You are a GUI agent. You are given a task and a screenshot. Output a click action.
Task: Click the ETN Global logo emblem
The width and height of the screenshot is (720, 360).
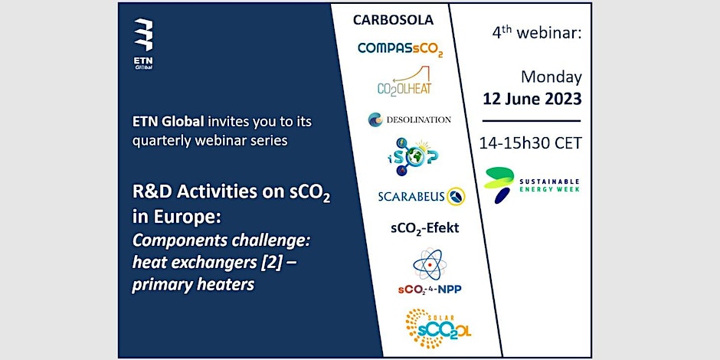click(143, 35)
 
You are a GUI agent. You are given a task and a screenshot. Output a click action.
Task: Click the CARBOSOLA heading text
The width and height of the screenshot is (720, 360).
click(393, 20)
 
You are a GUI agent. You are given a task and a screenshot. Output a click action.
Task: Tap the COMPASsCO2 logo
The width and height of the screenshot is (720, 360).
click(400, 49)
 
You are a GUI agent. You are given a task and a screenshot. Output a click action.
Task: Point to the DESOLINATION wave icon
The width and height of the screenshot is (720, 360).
click(375, 119)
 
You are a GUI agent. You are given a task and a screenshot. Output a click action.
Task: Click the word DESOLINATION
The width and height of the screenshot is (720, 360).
click(418, 119)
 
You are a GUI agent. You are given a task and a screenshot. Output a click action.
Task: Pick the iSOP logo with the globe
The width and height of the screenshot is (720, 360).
click(412, 156)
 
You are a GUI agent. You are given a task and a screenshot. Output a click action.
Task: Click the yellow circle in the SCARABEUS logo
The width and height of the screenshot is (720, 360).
click(456, 197)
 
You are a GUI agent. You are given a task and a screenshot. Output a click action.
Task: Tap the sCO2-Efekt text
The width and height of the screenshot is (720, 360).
click(425, 227)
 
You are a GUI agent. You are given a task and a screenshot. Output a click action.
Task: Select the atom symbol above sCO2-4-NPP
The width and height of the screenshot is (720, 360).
click(430, 265)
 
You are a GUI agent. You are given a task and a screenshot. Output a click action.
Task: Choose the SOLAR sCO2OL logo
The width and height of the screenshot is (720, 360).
click(438, 329)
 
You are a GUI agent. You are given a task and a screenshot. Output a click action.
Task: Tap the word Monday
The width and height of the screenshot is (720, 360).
click(551, 77)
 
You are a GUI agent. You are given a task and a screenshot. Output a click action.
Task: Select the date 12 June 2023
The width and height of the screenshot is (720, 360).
click(532, 99)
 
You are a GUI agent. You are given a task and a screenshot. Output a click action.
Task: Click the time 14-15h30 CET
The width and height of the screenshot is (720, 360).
click(530, 143)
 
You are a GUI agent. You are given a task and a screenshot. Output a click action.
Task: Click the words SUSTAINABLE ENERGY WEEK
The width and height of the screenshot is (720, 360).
click(549, 185)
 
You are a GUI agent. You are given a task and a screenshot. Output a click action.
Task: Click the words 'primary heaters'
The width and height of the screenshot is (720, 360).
click(193, 285)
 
